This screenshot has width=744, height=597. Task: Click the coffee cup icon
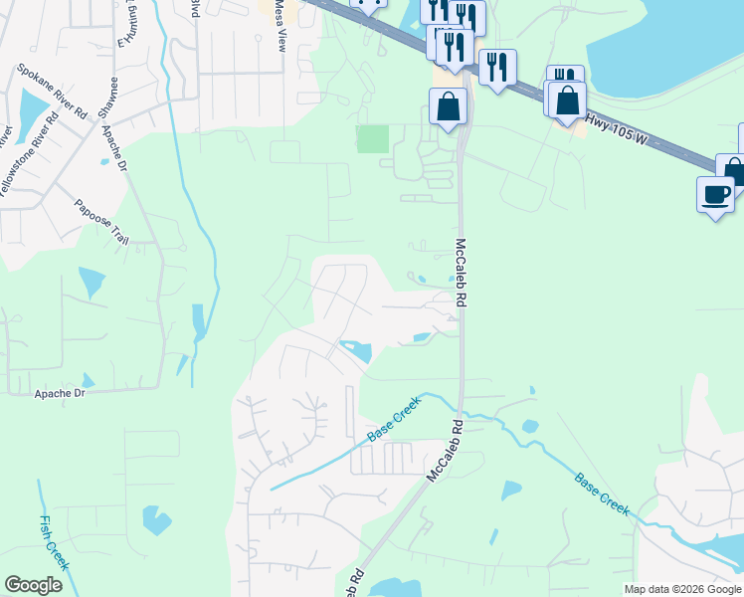715,193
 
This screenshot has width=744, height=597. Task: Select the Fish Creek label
53,541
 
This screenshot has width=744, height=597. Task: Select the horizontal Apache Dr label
61,394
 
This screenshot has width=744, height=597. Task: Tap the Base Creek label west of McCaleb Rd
394,419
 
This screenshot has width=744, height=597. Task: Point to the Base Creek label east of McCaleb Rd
602,494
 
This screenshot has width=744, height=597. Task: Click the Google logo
33,585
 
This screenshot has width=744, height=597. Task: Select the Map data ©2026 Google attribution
682,589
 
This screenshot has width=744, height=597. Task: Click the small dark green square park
373,138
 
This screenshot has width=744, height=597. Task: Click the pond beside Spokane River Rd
32,112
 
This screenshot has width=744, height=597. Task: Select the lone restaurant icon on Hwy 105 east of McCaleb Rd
497,68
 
